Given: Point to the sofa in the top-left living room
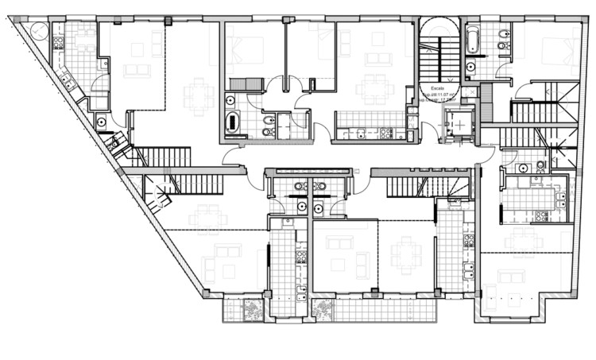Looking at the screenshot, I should click(x=136, y=71).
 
